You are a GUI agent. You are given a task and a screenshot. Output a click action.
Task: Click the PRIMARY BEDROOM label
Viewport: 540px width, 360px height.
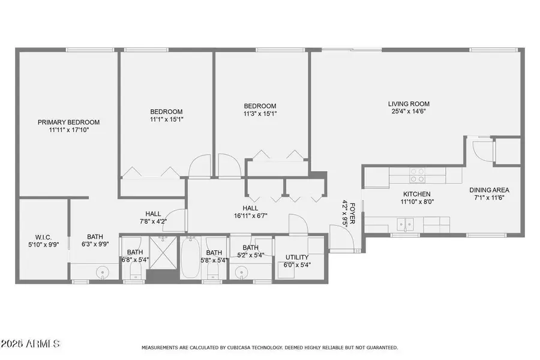pos(68,122)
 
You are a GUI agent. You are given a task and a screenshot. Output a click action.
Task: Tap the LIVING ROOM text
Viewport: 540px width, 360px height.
pos(409,104)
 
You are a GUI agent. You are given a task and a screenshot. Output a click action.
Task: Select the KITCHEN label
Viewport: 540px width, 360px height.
pos(418,194)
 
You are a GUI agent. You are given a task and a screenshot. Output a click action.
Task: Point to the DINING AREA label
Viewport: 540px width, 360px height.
pos(489,190)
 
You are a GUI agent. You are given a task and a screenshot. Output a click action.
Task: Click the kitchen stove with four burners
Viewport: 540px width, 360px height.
pos(417,175)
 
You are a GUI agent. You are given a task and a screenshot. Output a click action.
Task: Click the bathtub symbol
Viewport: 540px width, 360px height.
pos(190,259)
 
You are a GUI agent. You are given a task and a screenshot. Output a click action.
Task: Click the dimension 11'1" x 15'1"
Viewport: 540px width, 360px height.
pos(166,119)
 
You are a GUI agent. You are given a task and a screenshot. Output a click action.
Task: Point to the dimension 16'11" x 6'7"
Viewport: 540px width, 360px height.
pos(250,216)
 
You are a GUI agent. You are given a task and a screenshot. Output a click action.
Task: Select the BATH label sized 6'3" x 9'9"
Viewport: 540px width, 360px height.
pos(95,236)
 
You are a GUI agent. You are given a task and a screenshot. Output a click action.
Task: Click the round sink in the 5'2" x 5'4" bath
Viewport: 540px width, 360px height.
pos(242,273)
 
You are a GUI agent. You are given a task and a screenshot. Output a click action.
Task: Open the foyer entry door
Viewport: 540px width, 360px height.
pos(341,237)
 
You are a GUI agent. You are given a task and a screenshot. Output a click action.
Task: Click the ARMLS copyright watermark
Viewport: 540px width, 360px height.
pos(30,344)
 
